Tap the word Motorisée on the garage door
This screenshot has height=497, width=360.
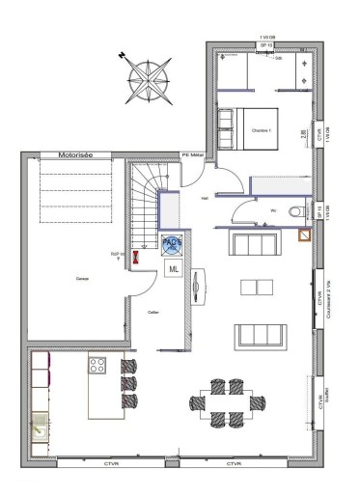pyautogui.click(x=74, y=153)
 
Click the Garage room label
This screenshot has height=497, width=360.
pyautogui.click(x=70, y=278)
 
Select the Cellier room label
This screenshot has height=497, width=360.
pyautogui.click(x=152, y=313)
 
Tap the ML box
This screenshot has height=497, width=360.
pyautogui.click(x=174, y=269)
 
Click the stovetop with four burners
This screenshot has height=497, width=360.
pyautogui.click(x=97, y=365)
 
